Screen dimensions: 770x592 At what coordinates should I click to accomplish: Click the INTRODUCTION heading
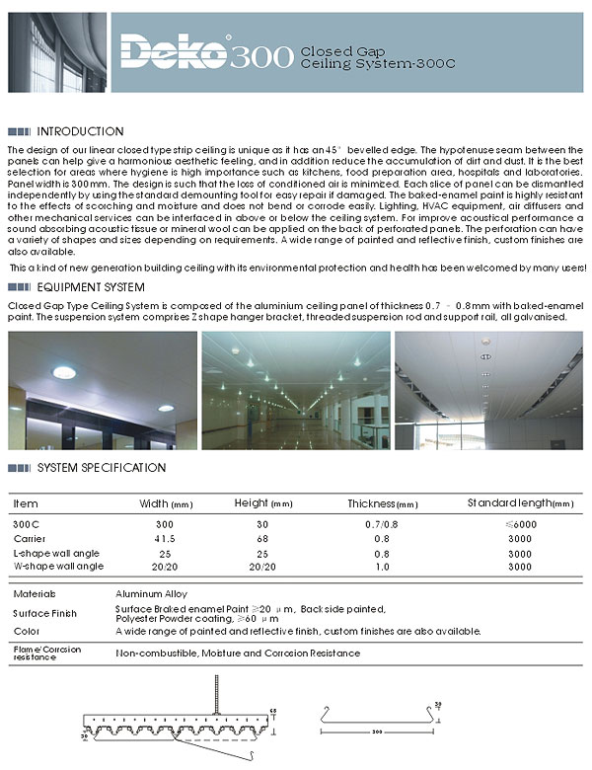[80, 131]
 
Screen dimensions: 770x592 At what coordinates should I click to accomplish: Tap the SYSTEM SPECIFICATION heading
[102, 467]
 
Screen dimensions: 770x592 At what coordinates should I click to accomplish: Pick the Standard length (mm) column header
[519, 503]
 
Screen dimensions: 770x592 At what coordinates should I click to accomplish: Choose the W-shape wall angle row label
[57, 567]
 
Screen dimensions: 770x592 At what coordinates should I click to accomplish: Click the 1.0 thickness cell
[384, 567]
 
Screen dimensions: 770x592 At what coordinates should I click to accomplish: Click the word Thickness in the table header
[371, 503]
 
